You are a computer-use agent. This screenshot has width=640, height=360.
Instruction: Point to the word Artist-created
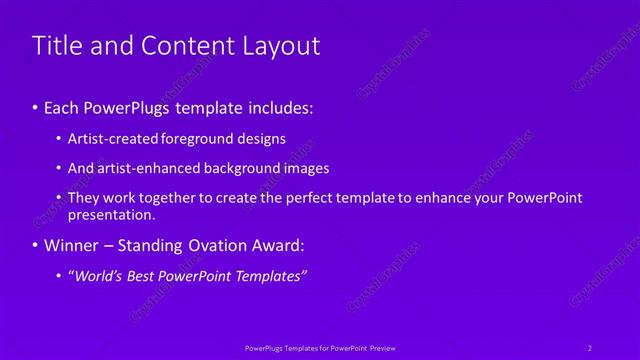tap(111, 139)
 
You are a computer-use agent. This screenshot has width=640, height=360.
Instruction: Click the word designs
tap(261, 139)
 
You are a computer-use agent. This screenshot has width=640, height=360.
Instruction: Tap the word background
tap(237, 168)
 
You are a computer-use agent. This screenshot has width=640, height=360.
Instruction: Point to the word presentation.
tap(111, 214)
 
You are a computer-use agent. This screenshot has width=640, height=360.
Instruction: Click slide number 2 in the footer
tap(590, 347)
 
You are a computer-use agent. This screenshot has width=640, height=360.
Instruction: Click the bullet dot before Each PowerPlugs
tap(36, 106)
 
